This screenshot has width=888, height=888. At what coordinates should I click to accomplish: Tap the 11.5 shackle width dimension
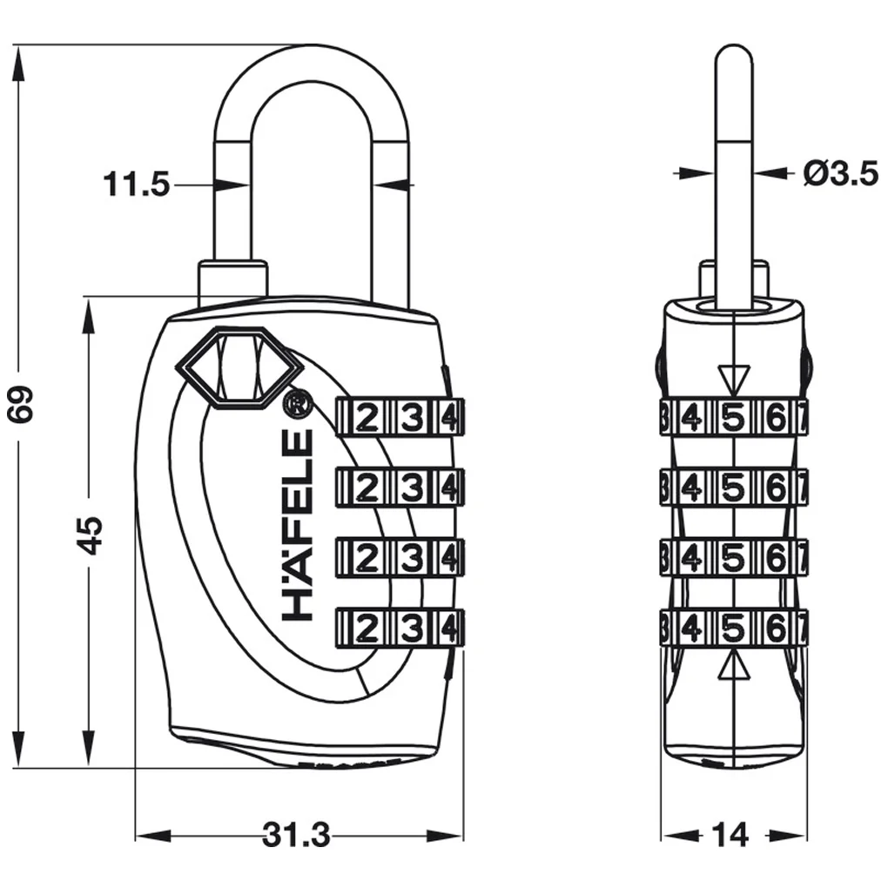[x=136, y=185]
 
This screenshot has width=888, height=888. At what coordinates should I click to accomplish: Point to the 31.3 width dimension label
[x=296, y=836]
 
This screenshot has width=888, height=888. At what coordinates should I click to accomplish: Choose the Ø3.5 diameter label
[x=839, y=174]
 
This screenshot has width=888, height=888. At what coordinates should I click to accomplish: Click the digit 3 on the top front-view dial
[x=410, y=419]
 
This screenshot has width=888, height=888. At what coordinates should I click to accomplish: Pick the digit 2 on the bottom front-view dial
[x=367, y=627]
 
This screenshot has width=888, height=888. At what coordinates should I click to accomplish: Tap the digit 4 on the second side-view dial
[x=692, y=486]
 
